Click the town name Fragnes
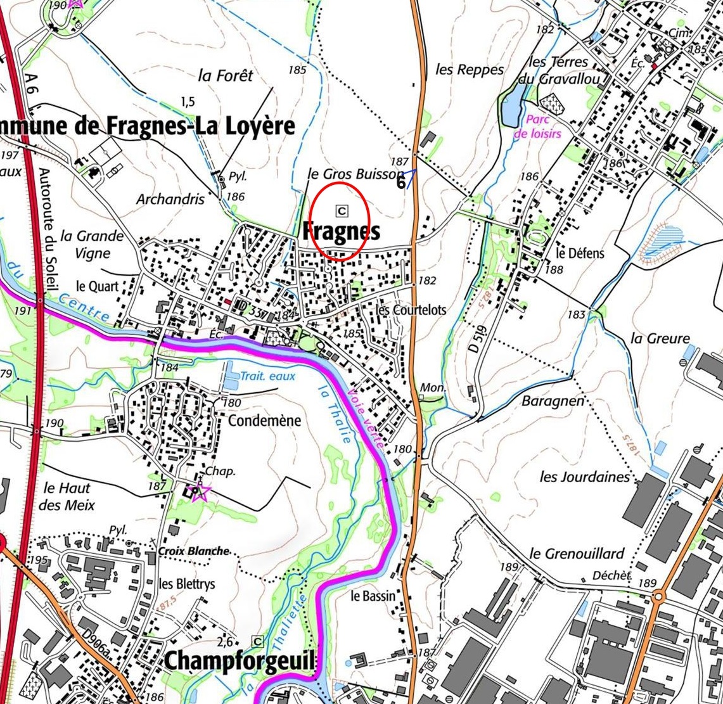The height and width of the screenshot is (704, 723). click(x=341, y=231)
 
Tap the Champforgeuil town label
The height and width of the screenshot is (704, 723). click(x=239, y=662)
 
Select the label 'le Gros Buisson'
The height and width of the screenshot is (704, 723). click(x=355, y=174)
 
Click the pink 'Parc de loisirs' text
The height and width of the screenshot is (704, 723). click(x=537, y=127)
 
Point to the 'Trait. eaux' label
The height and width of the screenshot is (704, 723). click(x=267, y=376)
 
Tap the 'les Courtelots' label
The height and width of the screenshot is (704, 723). click(x=411, y=310)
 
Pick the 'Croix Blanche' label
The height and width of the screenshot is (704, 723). click(x=193, y=551)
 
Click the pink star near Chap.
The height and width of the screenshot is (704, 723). click(x=199, y=492)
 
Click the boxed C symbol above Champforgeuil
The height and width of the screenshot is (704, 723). click(x=257, y=641)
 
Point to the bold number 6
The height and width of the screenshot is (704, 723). click(x=400, y=182)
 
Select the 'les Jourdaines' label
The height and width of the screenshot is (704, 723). click(x=585, y=477)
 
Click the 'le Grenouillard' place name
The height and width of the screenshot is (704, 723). click(x=577, y=553)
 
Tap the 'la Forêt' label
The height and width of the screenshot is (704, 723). click(x=225, y=75)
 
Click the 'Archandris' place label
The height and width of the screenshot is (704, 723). click(x=170, y=199)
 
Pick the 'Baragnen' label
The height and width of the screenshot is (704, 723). click(x=553, y=401)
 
